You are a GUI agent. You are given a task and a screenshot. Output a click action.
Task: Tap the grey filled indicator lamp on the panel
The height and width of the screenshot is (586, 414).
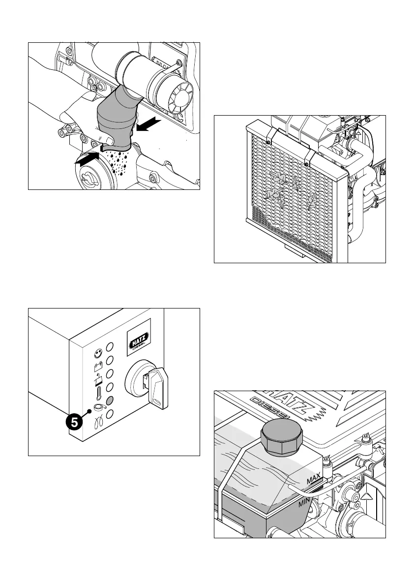(110, 400)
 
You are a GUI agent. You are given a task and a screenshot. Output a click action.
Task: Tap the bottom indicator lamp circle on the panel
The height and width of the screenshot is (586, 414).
(110, 414)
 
